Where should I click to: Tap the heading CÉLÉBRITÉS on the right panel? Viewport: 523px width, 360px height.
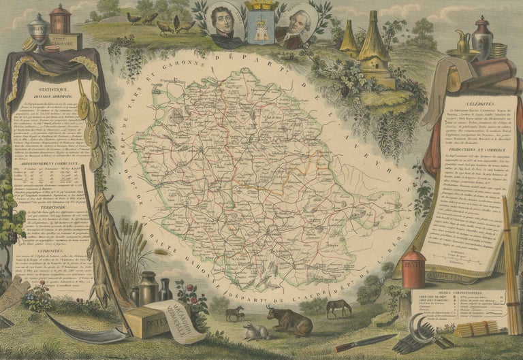(466, 99)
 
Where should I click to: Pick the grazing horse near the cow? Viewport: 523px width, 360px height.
(338, 308)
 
